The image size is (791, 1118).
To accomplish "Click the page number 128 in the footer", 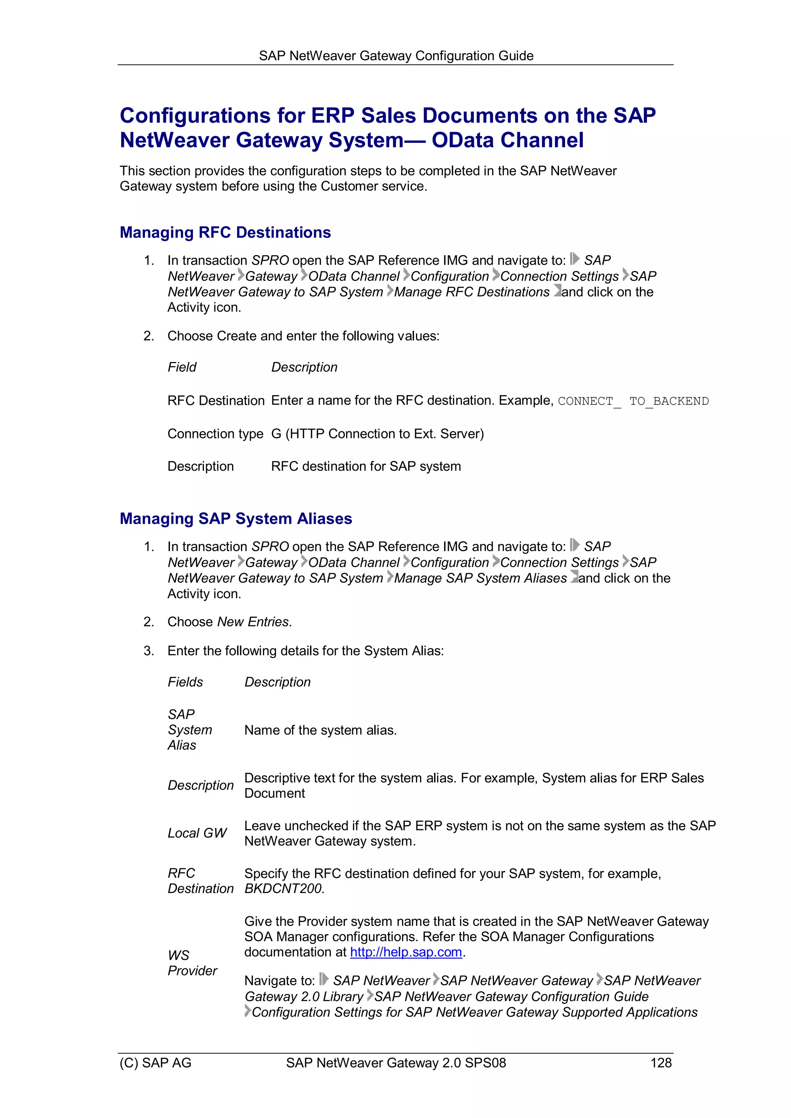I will coord(660,1063).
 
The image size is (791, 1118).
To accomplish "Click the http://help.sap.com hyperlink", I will coord(406,952).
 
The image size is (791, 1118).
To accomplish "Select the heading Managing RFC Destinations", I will coord(225,232).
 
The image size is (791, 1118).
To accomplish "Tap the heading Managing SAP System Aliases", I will coord(236,519).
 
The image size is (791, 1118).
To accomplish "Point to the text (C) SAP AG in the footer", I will coord(156,1063).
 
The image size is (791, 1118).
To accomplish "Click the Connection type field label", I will coord(215,433).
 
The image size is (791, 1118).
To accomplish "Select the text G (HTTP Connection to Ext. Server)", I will coord(377,433).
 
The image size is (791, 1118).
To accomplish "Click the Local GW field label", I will coord(197,833).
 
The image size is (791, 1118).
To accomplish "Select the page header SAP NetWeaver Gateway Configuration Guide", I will coord(396,56).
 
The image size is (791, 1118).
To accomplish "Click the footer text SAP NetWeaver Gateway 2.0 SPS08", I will coord(396,1063).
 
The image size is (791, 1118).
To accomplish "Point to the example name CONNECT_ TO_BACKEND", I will coord(633,401).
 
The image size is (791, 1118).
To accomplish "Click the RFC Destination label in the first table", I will coord(216,400).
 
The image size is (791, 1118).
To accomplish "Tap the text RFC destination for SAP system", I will coord(365,466).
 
